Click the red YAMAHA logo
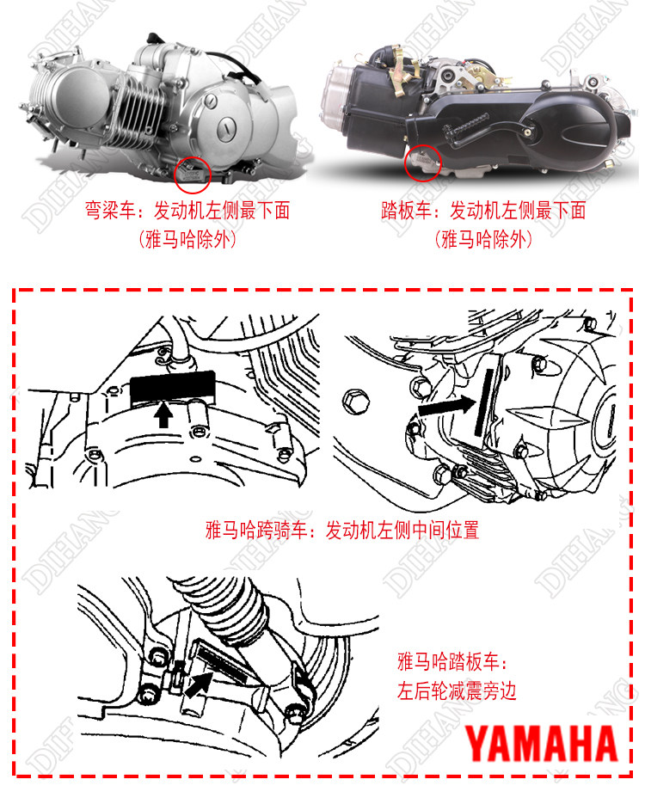[x=541, y=744]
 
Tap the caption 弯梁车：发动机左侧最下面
[x=187, y=210]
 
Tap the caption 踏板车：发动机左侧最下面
[x=483, y=210]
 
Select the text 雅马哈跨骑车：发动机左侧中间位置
[x=342, y=530]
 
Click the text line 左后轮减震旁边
[x=457, y=690]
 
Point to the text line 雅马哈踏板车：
[x=452, y=661]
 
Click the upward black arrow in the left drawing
[x=163, y=414]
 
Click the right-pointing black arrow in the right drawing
[x=447, y=406]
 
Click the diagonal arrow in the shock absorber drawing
[x=199, y=684]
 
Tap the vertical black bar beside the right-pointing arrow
[x=484, y=402]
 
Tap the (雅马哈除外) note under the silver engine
[x=187, y=239]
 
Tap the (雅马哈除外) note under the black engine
[x=483, y=239]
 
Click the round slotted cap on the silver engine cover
[x=226, y=127]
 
